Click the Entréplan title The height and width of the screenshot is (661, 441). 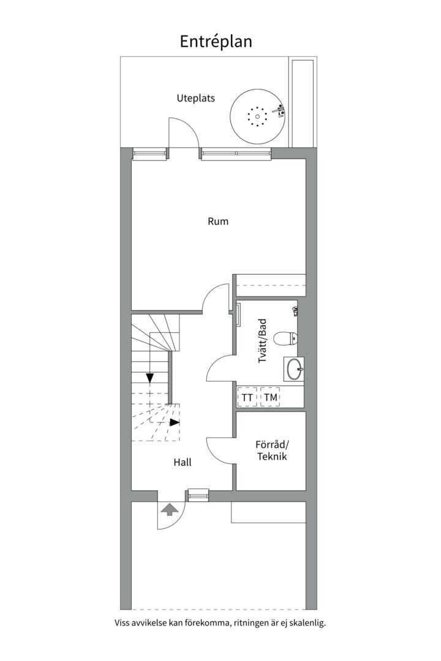point(216,42)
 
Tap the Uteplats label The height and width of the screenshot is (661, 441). point(195,98)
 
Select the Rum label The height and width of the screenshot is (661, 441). point(218,222)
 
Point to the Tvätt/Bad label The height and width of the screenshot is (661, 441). point(263,341)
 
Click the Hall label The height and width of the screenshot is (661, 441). point(183,463)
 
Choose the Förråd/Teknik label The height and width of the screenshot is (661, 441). point(273,450)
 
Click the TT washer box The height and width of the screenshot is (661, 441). point(247,397)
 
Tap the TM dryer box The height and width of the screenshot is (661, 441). point(271,397)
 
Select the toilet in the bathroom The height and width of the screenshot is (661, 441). point(285,338)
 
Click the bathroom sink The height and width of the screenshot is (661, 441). point(294,370)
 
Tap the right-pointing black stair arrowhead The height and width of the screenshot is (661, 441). point(175,422)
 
